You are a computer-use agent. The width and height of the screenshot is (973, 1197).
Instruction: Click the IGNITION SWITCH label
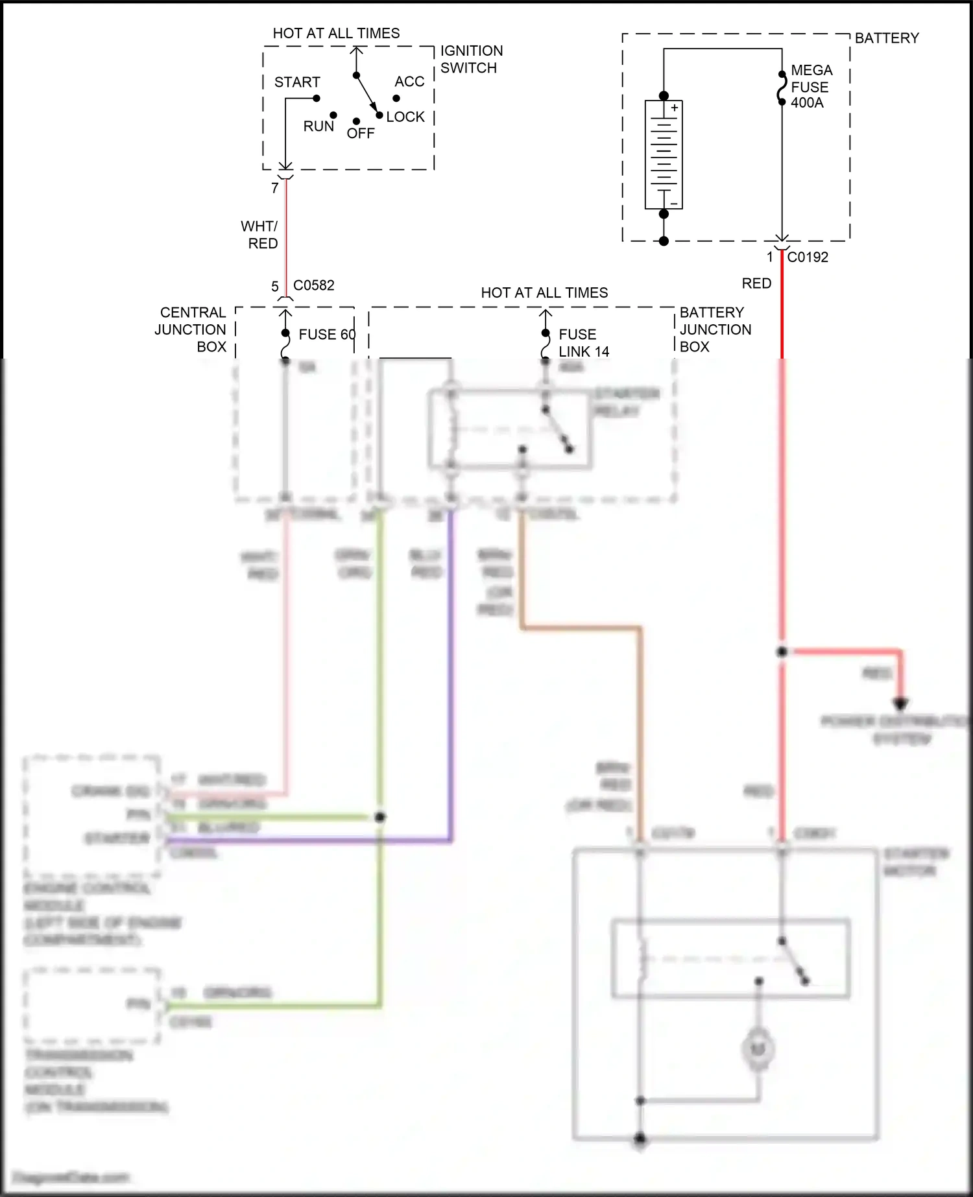coord(471,59)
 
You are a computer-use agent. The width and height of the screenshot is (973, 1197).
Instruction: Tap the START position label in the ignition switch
coord(297,82)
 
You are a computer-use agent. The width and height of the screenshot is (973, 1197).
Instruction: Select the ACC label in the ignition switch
coord(409,82)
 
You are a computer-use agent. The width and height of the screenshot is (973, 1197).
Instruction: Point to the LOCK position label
coord(405,117)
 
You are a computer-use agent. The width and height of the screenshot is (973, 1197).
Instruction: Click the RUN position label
coord(318,126)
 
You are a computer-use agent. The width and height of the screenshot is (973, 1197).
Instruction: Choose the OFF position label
coord(361,134)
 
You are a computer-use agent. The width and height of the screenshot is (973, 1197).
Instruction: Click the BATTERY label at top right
coord(887,38)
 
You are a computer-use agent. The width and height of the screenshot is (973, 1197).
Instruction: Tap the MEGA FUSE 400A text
coord(811,86)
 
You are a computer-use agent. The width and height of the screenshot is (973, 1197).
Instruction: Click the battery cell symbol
coord(664,155)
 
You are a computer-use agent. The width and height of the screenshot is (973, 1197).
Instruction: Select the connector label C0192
coord(808,257)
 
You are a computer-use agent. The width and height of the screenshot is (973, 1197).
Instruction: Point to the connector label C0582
coord(314,285)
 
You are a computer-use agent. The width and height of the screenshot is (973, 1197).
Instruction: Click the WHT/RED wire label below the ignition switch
coord(260,235)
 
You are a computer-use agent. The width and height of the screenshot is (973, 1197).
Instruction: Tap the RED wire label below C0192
coord(756,283)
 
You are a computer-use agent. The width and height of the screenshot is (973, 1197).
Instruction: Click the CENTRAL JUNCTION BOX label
coord(191,329)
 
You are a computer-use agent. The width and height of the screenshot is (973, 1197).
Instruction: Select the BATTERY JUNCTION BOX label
coord(715,329)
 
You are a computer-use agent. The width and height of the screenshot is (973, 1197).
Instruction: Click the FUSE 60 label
coord(327,335)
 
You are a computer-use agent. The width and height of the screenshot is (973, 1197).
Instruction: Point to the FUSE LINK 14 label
coord(584,343)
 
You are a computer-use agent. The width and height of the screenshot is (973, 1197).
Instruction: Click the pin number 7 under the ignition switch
coord(275,188)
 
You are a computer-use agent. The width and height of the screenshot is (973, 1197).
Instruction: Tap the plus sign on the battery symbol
coord(675,108)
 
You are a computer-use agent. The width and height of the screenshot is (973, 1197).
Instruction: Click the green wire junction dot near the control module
coord(380,817)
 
